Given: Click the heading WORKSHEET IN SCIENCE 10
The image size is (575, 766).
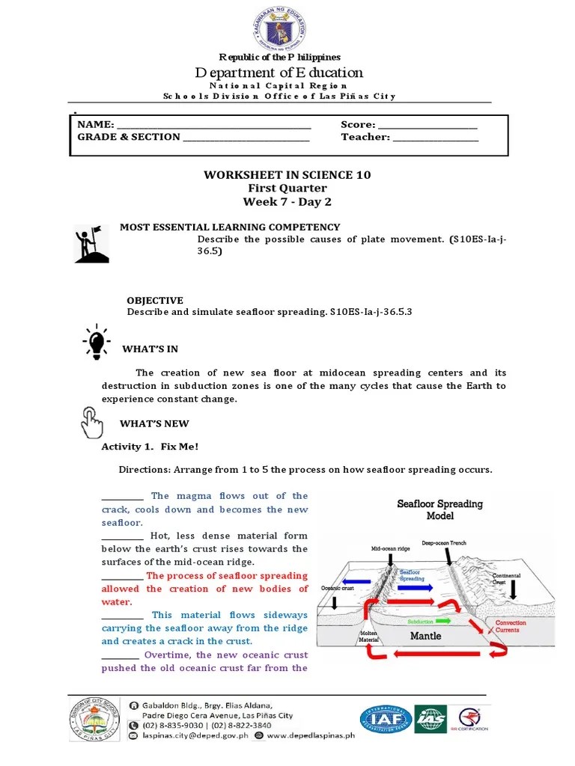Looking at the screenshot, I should click(287, 175).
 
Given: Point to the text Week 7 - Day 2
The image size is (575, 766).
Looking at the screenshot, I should click(287, 202).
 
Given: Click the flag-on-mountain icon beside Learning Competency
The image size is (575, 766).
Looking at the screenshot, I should click(91, 245).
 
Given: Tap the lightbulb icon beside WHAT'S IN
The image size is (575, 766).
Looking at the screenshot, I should click(95, 343).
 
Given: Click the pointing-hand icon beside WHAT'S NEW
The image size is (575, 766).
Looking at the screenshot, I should click(91, 423).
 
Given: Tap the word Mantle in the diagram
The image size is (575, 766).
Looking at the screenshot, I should click(425, 636).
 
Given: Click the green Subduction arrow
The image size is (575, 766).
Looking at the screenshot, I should click(442, 621).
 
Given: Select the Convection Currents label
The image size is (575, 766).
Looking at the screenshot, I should click(511, 626).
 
